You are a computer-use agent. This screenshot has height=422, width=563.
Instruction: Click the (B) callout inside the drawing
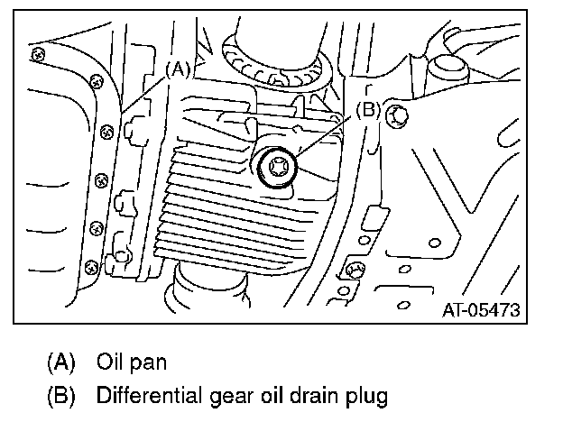click(x=367, y=111)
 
